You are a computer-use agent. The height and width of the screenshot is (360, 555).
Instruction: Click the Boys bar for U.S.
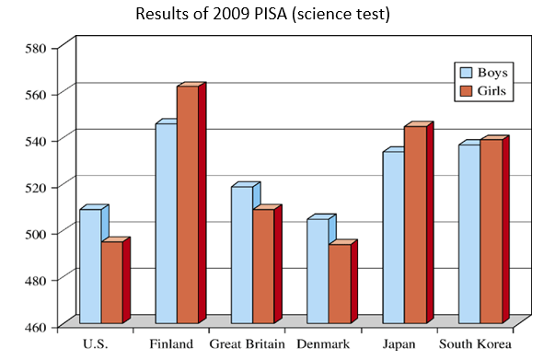pos(90,266)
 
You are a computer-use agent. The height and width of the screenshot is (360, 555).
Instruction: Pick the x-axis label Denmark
pos(324,344)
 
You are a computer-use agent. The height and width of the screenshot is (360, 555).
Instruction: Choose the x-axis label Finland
pos(171,344)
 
